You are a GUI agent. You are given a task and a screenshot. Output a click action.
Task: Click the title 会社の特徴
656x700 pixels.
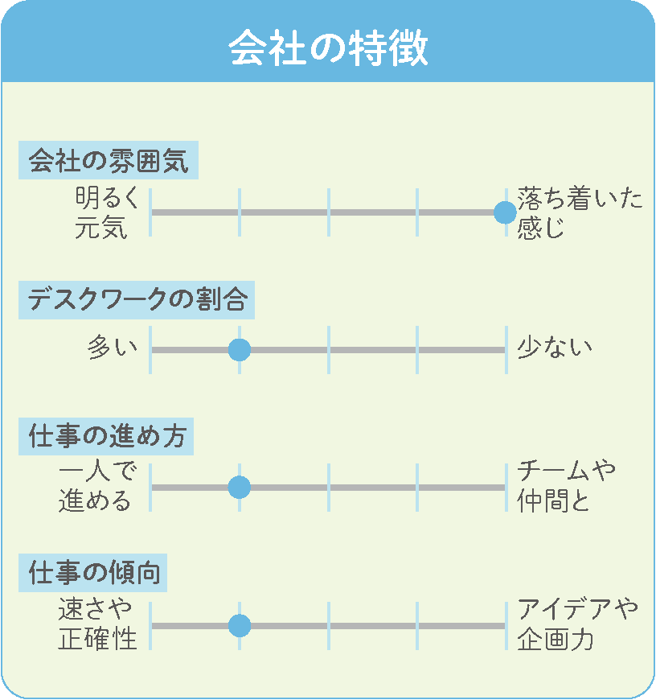(328, 48)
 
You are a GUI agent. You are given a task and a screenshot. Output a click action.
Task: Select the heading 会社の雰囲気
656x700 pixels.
(109, 160)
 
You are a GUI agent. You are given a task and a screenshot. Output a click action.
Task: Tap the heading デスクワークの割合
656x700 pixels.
(137, 299)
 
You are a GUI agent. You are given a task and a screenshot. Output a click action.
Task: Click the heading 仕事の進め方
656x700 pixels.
(107, 436)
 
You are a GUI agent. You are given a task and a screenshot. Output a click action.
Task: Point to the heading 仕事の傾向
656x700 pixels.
(93, 573)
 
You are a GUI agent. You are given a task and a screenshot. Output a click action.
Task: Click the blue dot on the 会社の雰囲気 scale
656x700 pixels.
(506, 212)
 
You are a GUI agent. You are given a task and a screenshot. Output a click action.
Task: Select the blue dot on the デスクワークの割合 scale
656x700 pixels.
(240, 349)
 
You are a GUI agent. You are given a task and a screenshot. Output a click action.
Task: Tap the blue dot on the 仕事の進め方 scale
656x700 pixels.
(240, 487)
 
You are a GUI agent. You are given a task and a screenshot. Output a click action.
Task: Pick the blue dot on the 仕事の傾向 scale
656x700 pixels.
(240, 625)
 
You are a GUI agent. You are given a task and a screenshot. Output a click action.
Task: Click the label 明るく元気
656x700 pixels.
(107, 212)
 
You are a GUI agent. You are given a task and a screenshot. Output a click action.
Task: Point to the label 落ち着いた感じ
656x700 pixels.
(580, 212)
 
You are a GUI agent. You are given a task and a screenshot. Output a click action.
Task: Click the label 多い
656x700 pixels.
(113, 348)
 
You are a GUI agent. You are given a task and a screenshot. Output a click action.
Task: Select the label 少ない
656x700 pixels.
(555, 348)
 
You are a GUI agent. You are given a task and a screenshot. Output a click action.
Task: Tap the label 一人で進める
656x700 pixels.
(97, 486)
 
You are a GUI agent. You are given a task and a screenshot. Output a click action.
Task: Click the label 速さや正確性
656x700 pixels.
(97, 624)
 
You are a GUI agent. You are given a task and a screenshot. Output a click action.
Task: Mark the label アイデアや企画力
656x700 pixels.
(577, 624)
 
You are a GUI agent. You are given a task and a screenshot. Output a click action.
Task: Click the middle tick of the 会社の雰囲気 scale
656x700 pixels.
(329, 212)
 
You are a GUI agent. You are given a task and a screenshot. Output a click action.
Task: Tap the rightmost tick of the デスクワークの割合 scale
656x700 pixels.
(506, 349)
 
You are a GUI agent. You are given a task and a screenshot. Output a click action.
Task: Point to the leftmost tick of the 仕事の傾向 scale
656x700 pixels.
(150, 625)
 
